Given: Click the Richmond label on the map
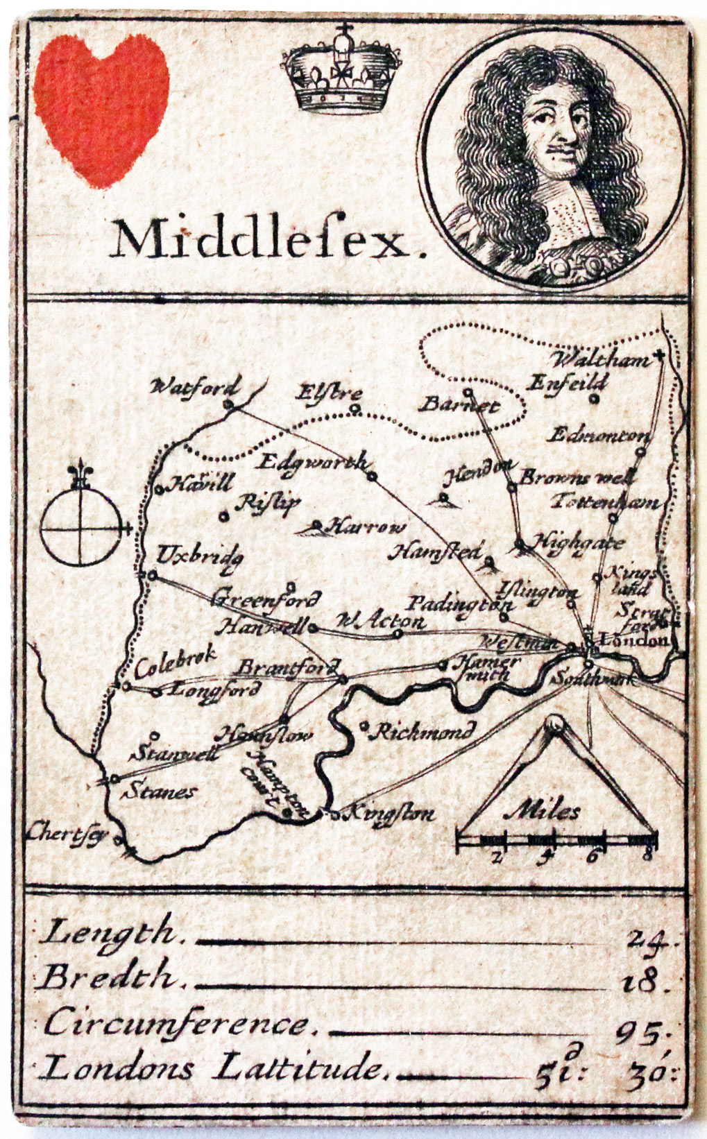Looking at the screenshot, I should (423, 730).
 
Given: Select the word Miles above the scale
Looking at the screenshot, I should (544, 811).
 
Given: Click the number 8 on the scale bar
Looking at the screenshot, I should (647, 855).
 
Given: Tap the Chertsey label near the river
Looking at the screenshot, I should (68, 833).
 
